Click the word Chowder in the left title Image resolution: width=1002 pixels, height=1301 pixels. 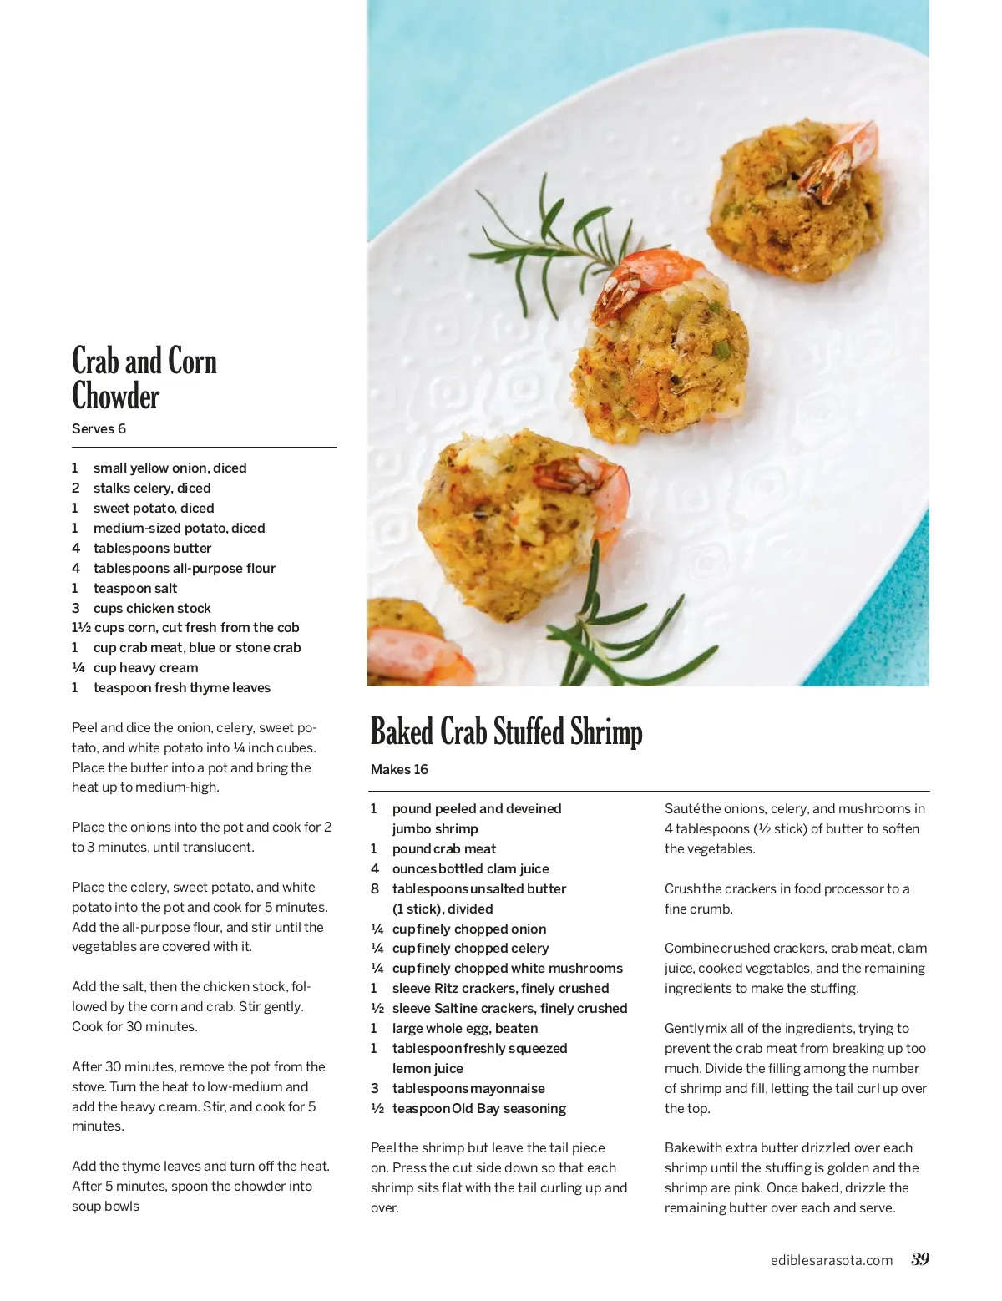point(116,397)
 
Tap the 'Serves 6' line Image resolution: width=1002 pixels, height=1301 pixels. point(99,428)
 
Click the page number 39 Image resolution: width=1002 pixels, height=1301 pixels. point(920,1259)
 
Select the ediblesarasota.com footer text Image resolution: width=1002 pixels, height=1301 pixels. point(831,1260)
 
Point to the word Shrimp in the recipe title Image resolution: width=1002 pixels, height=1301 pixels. point(606,731)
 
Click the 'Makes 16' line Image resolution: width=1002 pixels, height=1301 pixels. point(399,769)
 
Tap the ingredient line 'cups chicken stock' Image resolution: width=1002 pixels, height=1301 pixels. point(152,608)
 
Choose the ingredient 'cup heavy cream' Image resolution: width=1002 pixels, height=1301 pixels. point(145,667)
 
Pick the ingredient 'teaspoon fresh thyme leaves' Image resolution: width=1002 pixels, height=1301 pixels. point(182,687)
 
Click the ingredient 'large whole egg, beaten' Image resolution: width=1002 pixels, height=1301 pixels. point(465,1028)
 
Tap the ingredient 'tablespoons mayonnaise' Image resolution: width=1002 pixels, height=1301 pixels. point(468,1088)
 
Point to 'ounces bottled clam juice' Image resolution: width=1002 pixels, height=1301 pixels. point(471,868)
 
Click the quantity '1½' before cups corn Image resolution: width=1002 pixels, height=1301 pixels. point(81,627)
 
